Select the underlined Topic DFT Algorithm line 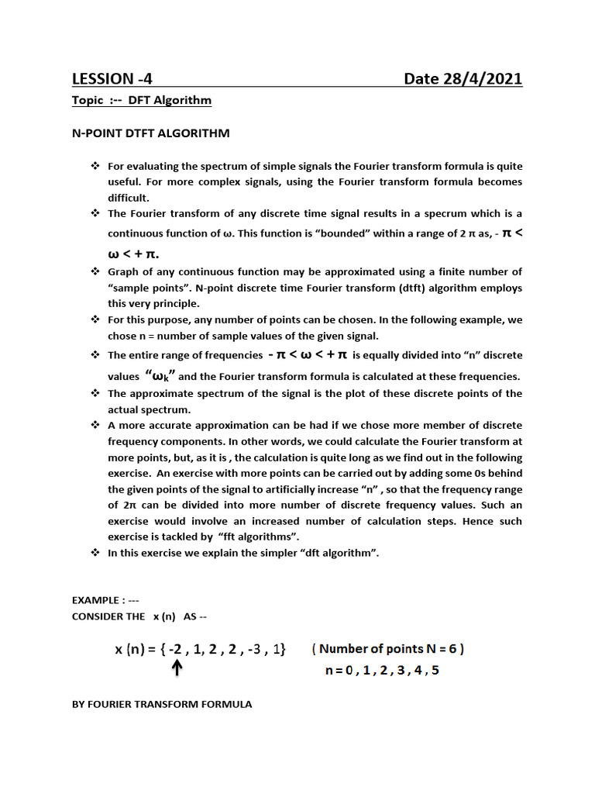[x=141, y=101]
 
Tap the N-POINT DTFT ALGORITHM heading [x=150, y=133]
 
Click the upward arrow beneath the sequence [x=177, y=668]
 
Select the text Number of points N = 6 [x=388, y=649]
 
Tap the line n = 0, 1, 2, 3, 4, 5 [x=381, y=671]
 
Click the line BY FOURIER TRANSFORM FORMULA [x=161, y=704]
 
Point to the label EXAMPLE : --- [x=105, y=600]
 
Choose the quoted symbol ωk [x=161, y=376]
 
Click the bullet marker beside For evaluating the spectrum [x=95, y=167]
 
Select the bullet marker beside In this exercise [x=95, y=553]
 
